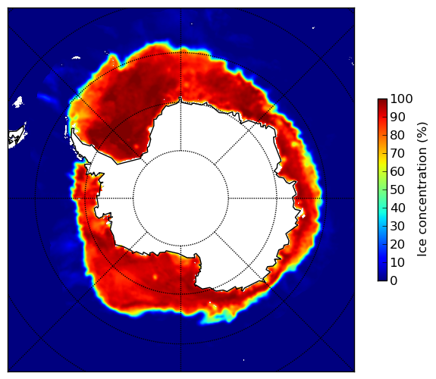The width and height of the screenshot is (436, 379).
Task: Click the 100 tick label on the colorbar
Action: pos(401,99)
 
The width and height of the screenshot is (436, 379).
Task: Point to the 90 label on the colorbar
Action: pos(397,117)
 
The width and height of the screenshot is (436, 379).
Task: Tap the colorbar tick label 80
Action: pos(397,136)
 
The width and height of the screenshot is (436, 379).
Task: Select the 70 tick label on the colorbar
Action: pos(397,153)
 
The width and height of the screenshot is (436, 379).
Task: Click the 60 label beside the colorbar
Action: pos(397,171)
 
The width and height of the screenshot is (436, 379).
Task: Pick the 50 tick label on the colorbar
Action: pos(397,190)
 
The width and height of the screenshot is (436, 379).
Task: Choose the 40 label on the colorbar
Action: pos(397,208)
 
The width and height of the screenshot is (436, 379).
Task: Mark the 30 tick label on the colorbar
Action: pos(397,227)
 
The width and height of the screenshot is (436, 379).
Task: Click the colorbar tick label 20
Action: pos(397,244)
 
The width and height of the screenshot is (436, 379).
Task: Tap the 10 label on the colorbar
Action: pos(397,262)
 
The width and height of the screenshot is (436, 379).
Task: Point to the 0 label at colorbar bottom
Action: pos(394,281)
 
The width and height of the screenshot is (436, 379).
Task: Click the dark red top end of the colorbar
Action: pos(382,101)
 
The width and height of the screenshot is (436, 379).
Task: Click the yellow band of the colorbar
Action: pos(382,163)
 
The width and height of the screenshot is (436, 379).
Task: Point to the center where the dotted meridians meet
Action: pos(180,199)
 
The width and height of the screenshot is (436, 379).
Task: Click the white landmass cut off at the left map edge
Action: pos(17,136)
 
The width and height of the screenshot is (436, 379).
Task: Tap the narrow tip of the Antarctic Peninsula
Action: pos(73,130)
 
